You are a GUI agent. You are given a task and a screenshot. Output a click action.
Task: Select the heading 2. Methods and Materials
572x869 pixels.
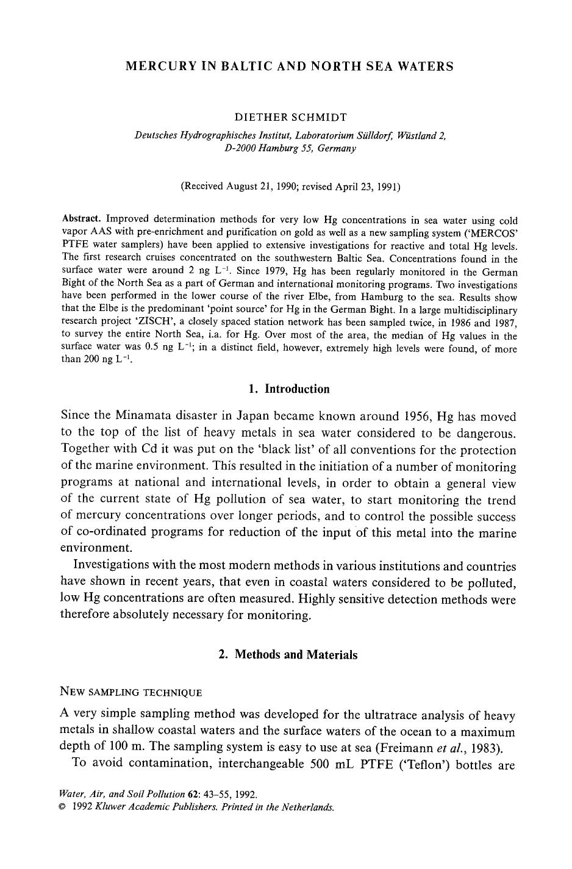(288, 655)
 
